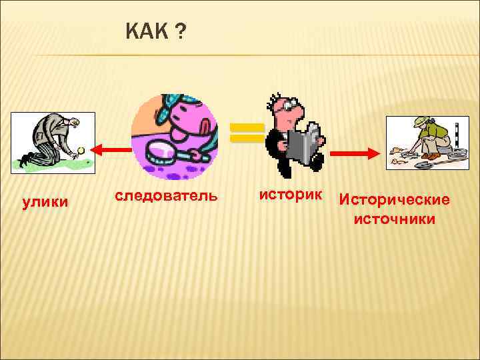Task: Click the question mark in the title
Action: pos(181,30)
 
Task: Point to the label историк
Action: pos(291,195)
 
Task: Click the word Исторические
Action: pos(395,200)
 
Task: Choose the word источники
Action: pos(395,219)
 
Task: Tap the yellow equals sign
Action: pos(247,133)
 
